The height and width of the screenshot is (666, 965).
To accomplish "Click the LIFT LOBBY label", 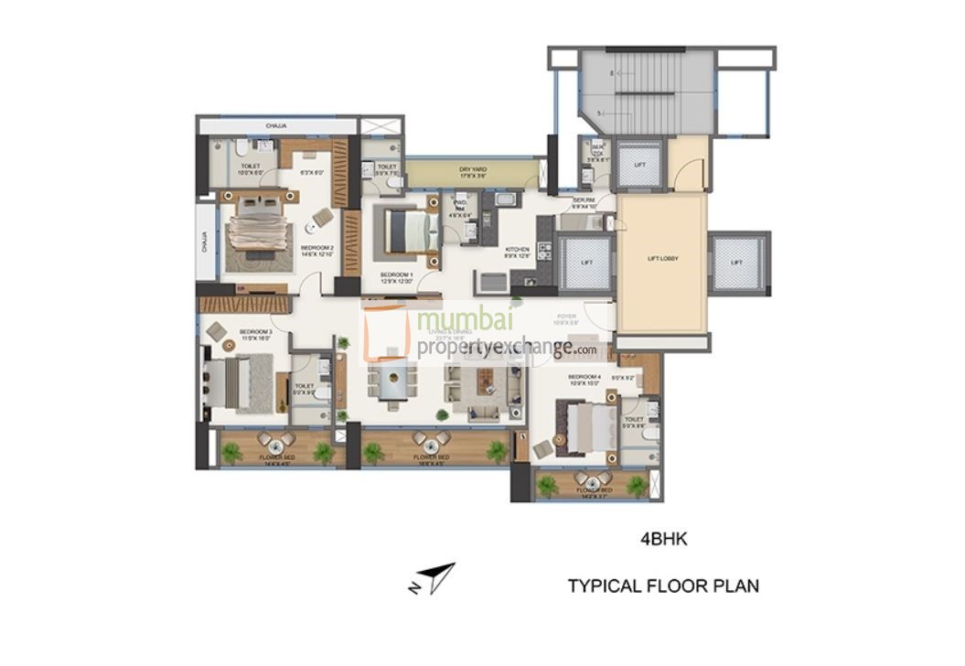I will (x=662, y=259).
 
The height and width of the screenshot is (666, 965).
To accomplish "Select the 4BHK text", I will (x=662, y=540).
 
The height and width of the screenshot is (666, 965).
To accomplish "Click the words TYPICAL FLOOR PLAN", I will (x=662, y=585).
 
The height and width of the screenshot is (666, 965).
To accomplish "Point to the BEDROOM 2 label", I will (x=317, y=248).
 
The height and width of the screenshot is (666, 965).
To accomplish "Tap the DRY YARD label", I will (x=472, y=170).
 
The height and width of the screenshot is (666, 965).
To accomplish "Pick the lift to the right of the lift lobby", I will (x=736, y=263).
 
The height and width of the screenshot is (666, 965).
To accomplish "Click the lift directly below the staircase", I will (x=639, y=165).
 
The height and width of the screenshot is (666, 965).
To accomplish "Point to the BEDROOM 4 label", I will (x=584, y=378).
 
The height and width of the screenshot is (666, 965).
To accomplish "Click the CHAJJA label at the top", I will (x=277, y=125).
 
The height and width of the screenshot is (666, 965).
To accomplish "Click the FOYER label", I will (x=566, y=319).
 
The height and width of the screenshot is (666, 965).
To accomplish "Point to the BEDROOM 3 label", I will (x=255, y=333).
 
